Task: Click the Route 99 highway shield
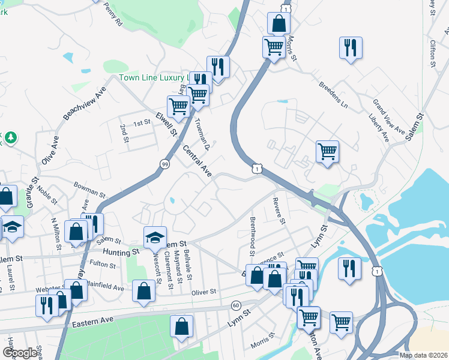point(164,163)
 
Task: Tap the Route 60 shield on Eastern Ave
point(236,305)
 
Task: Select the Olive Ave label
point(50,151)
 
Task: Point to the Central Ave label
point(197,161)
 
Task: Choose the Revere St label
point(278,211)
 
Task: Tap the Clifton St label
point(432,52)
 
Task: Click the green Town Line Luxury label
point(154,77)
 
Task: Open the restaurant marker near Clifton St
point(350,47)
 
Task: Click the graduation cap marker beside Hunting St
point(155,236)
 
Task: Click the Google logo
point(20,353)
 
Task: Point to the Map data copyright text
point(423,355)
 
